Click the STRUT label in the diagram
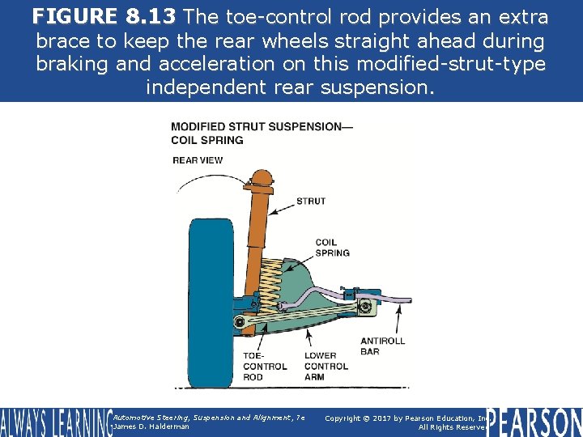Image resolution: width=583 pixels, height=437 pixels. (x=311, y=202)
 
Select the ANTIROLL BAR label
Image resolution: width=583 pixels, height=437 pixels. (x=382, y=346)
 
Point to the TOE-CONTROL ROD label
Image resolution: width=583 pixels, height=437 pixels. (x=265, y=366)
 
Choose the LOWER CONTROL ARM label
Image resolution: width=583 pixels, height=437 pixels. (x=326, y=366)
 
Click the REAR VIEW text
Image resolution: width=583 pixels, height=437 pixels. (x=198, y=160)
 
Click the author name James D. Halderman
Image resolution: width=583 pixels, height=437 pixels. (x=151, y=426)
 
